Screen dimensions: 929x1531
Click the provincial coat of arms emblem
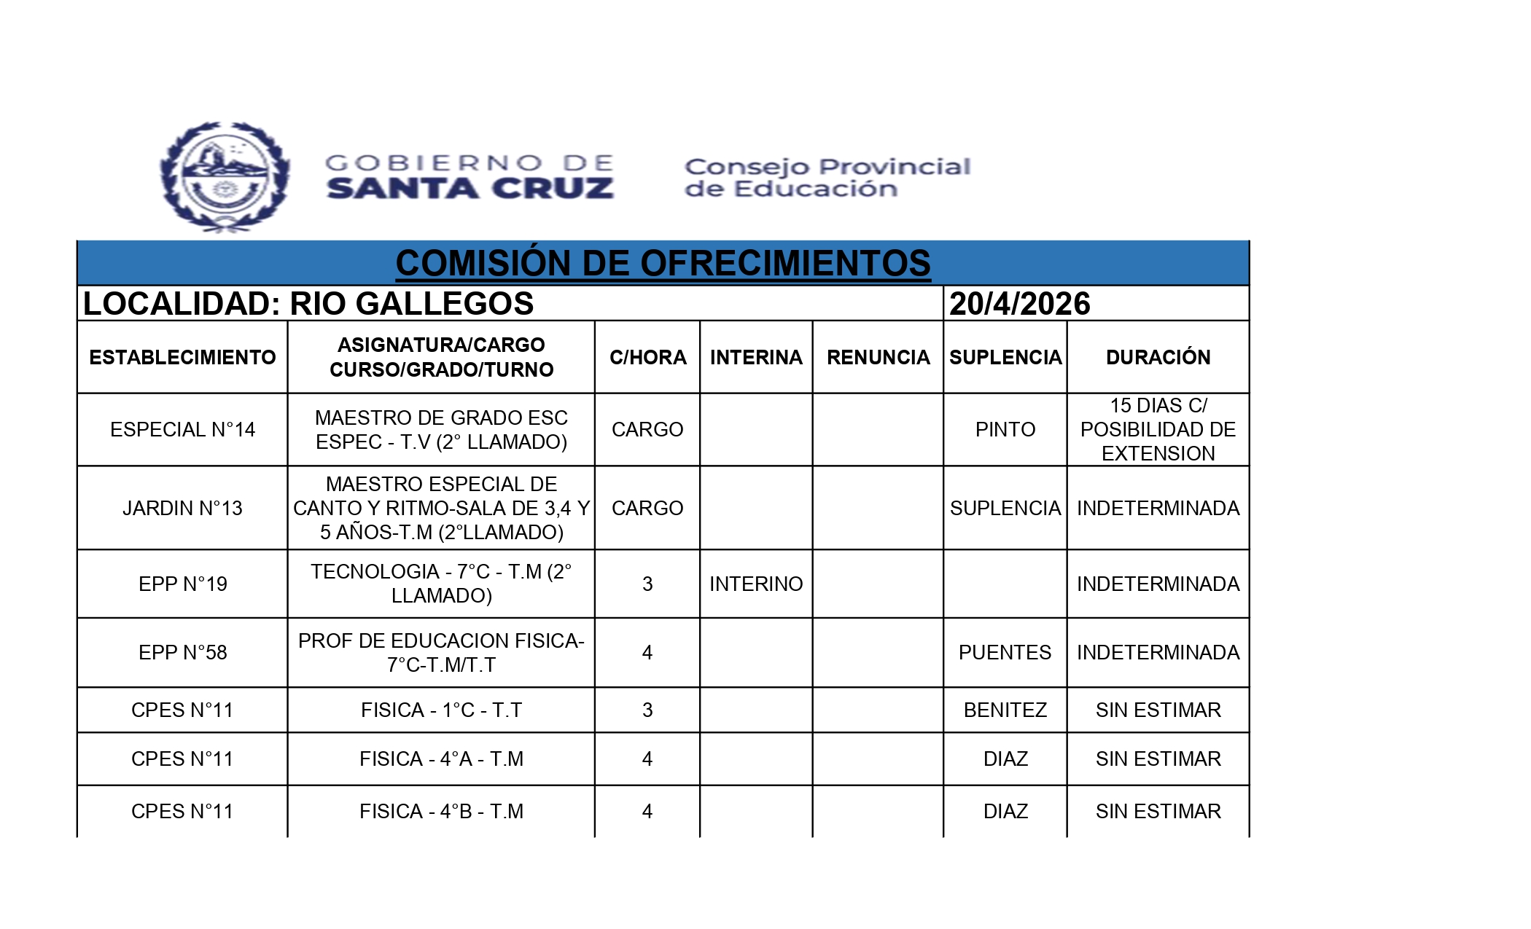[225, 177]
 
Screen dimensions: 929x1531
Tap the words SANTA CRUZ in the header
[470, 189]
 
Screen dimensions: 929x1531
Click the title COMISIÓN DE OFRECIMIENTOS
[663, 263]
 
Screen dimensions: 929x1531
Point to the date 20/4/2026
[1019, 304]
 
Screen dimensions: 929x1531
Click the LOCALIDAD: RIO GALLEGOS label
[308, 304]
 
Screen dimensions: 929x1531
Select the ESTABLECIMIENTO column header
[182, 357]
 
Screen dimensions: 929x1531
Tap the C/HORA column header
[647, 357]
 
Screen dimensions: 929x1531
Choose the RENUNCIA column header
[878, 357]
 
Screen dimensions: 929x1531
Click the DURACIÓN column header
[1158, 357]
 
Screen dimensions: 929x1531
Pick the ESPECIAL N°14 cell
[182, 430]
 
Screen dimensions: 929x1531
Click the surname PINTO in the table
[1005, 430]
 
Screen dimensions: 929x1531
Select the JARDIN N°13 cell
[182, 508]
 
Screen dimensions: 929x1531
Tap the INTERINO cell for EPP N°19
[755, 584]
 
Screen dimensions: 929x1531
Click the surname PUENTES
[1005, 652]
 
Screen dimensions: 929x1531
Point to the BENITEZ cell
[1005, 710]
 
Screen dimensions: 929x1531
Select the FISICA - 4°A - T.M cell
[441, 759]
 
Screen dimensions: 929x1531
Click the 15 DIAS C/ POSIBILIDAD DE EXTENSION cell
[1158, 430]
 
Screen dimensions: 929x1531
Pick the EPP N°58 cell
[182, 652]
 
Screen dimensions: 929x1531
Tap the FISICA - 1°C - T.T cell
[441, 710]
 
